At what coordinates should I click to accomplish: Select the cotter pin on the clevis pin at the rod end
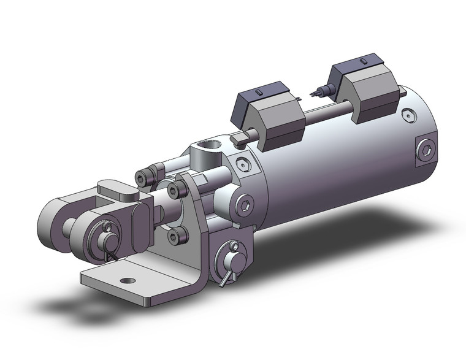[111, 237]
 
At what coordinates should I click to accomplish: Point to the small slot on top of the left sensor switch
[259, 91]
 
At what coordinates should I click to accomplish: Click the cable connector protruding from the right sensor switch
[318, 93]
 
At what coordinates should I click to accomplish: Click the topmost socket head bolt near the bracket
[143, 178]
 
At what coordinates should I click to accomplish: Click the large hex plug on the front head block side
[243, 204]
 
